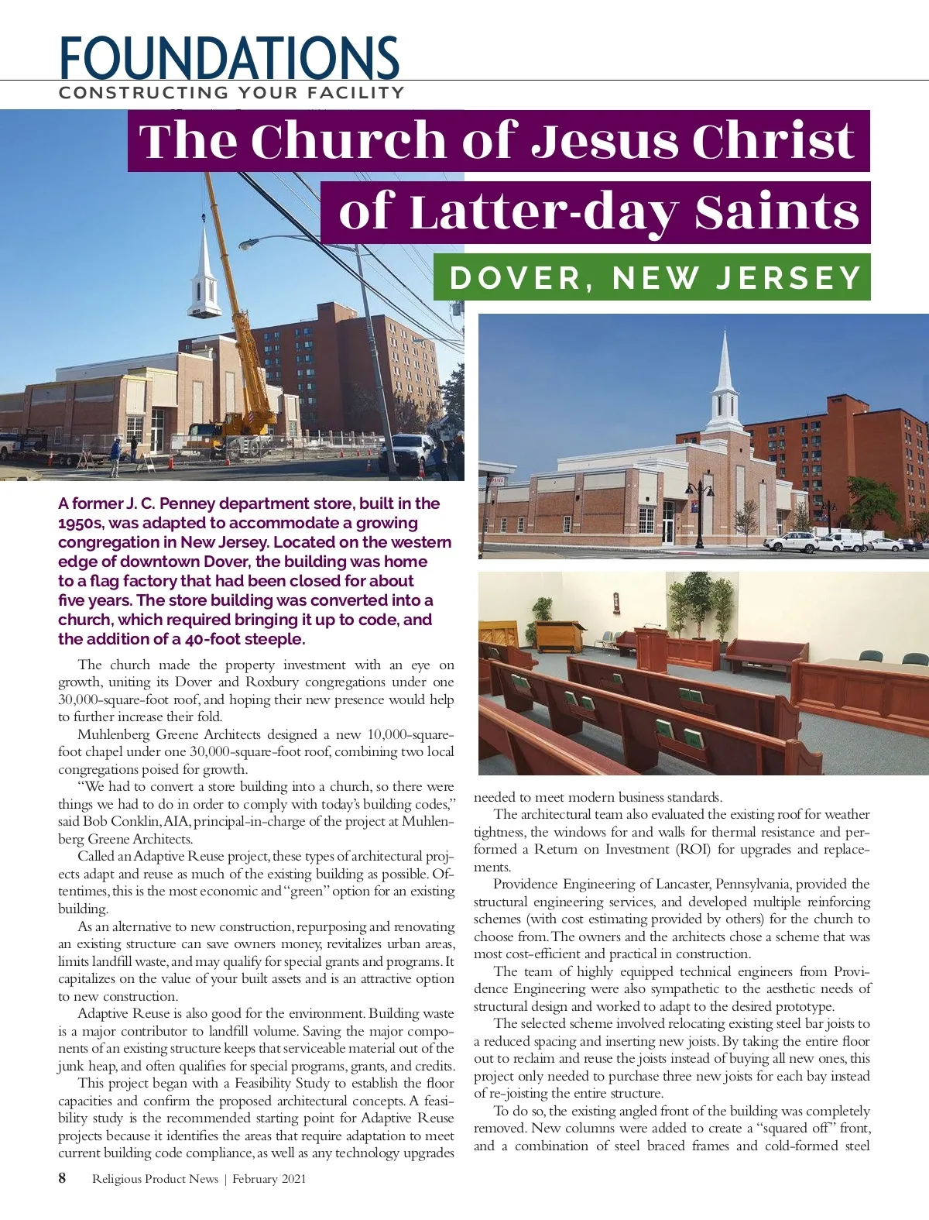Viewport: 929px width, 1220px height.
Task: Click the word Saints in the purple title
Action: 776,212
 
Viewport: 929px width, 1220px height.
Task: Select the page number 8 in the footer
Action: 62,1178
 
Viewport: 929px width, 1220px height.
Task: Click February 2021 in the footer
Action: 269,1179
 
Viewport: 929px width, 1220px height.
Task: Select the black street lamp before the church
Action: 699,511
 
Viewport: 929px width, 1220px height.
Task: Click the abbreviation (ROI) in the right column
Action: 694,849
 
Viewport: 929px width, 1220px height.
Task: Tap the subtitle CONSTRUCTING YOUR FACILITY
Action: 231,93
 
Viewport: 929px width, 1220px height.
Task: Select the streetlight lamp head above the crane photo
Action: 249,244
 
